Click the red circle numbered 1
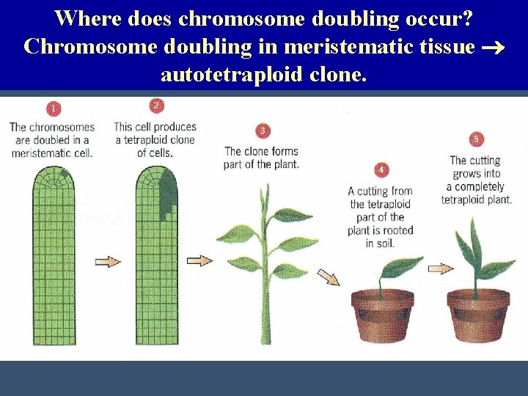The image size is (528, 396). [53, 109]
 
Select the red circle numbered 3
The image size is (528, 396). [263, 131]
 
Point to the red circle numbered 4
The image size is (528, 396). [381, 170]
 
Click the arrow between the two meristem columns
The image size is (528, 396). [108, 261]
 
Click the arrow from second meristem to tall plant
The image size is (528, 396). [199, 260]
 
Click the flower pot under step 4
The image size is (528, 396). [381, 315]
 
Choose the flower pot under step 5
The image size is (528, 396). [478, 315]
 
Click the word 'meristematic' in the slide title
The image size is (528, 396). [342, 46]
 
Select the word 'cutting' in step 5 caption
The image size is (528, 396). [485, 161]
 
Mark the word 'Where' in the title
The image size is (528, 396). [85, 18]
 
